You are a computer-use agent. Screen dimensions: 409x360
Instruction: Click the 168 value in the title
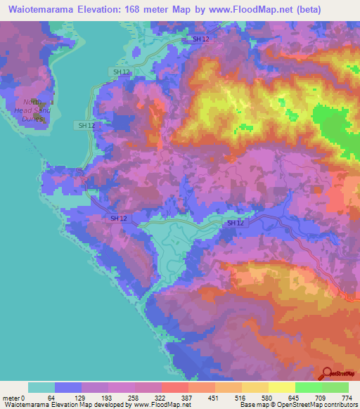point(139,9)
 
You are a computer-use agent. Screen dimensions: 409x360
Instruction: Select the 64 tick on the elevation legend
point(51,397)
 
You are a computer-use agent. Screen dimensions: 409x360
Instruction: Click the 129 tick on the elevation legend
point(79,397)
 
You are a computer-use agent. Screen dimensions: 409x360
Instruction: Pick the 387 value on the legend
point(187,397)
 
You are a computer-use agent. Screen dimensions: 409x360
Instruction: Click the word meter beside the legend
point(11,397)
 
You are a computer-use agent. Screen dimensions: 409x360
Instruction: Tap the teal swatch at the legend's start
point(41,387)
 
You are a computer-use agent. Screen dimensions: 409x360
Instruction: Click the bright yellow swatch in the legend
point(281,387)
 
